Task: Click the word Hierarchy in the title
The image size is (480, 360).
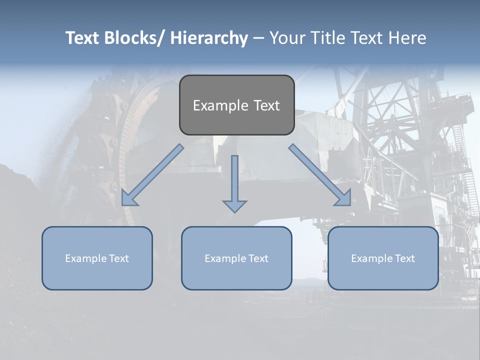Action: (x=209, y=38)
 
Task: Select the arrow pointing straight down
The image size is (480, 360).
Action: (x=234, y=180)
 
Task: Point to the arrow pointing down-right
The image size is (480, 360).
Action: (x=319, y=174)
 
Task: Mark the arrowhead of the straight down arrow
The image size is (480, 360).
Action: (x=234, y=206)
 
